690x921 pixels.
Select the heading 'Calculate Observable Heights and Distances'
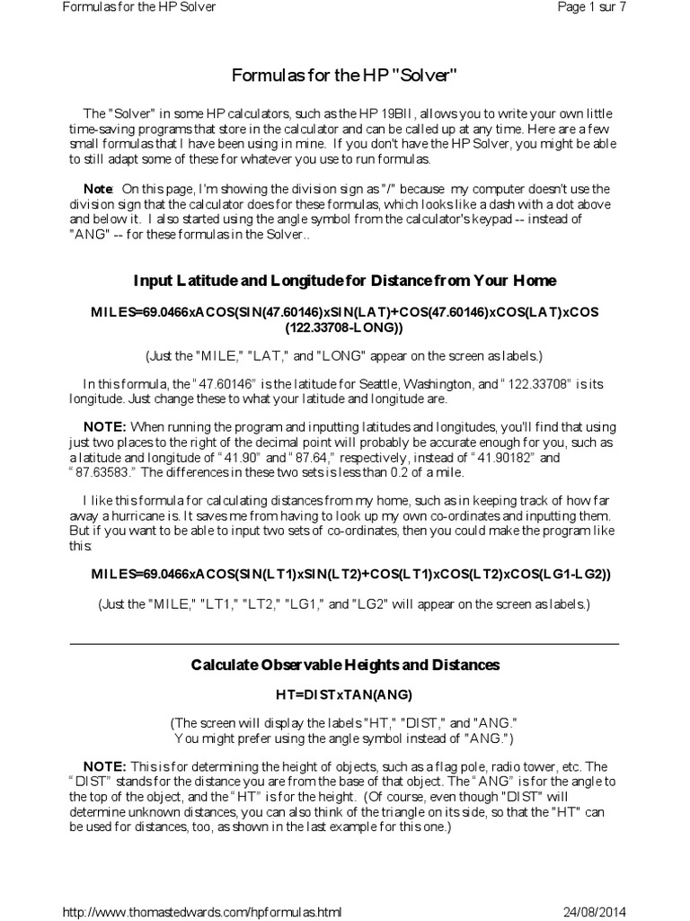point(345,665)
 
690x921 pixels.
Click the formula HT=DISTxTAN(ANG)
point(345,694)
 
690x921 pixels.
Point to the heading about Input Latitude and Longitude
point(345,281)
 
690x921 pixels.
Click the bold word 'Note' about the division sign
point(98,189)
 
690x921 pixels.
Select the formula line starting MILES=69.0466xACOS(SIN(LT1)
point(345,574)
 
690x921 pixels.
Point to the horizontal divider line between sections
point(345,644)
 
